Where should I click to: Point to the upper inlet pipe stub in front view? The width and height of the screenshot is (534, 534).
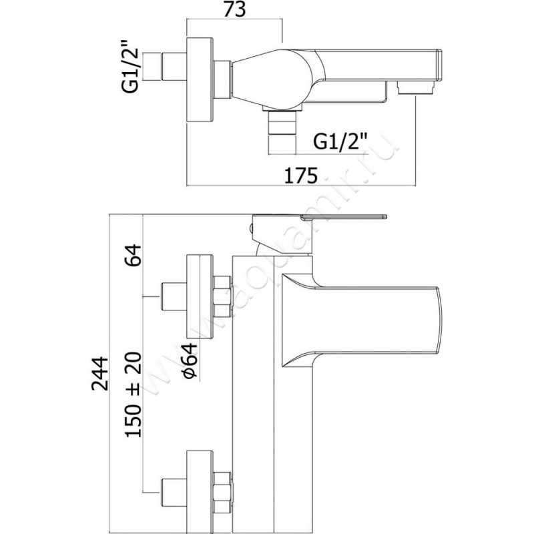coord(173,295)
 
